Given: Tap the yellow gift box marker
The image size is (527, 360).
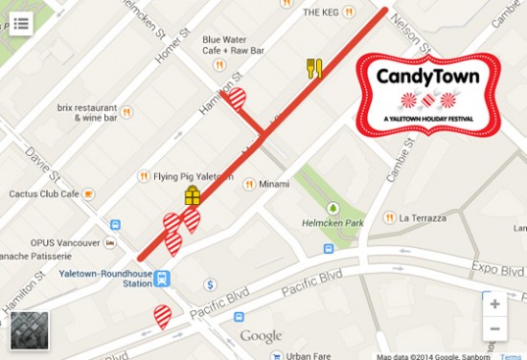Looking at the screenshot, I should pyautogui.click(x=193, y=197).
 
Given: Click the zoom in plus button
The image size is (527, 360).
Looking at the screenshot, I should pyautogui.click(x=494, y=304).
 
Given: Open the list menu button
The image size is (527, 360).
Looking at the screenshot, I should pyautogui.click(x=21, y=23).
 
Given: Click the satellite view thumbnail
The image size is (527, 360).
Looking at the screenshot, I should pyautogui.click(x=29, y=329).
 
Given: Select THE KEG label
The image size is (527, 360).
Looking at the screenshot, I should pyautogui.click(x=321, y=12).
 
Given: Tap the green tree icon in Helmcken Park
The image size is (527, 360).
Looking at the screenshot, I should pyautogui.click(x=333, y=208).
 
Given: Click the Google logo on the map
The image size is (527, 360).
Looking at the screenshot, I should pyautogui.click(x=261, y=336).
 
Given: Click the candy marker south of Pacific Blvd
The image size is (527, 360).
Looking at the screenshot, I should pyautogui.click(x=164, y=316).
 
